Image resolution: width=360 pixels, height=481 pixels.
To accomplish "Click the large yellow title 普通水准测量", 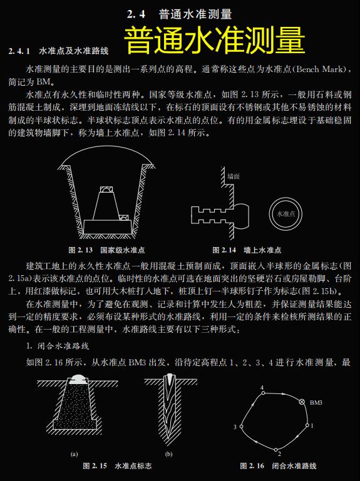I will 214,41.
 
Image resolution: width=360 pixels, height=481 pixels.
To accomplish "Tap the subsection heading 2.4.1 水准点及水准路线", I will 59,49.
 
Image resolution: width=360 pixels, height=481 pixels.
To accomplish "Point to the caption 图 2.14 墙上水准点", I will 247,250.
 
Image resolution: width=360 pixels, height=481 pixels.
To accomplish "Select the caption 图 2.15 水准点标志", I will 118,466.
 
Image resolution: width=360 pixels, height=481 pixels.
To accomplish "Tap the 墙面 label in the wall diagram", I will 234,177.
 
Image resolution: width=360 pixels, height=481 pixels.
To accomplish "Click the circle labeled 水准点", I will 285,213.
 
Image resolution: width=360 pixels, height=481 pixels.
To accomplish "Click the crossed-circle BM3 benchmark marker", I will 302,402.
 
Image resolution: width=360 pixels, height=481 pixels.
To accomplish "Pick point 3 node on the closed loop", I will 241,427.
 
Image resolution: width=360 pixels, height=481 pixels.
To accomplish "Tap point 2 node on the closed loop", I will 279,447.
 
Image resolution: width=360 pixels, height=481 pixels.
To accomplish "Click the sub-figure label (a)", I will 74,453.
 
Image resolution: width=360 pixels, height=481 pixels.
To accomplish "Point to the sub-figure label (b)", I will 168,453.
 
